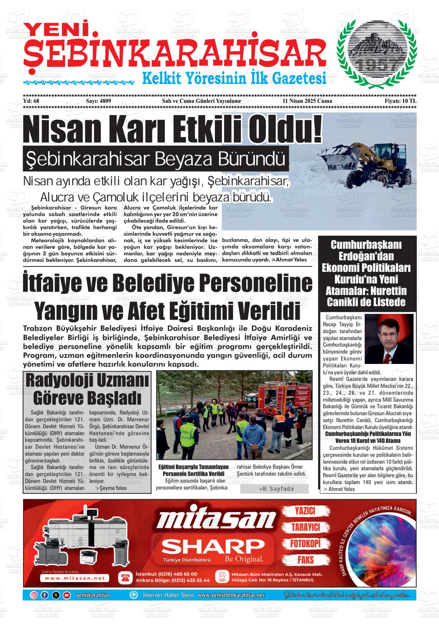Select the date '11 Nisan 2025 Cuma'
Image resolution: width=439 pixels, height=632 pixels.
(307, 101)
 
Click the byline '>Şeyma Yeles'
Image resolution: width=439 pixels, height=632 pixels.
(111, 488)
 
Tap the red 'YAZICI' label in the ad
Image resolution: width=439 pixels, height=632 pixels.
(305, 511)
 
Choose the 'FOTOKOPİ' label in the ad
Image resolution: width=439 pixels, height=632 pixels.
(305, 543)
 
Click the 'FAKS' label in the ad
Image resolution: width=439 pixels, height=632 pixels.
(305, 560)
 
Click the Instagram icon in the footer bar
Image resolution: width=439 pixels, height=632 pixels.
(34, 595)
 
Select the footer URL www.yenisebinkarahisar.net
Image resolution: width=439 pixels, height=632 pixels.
(231, 595)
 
